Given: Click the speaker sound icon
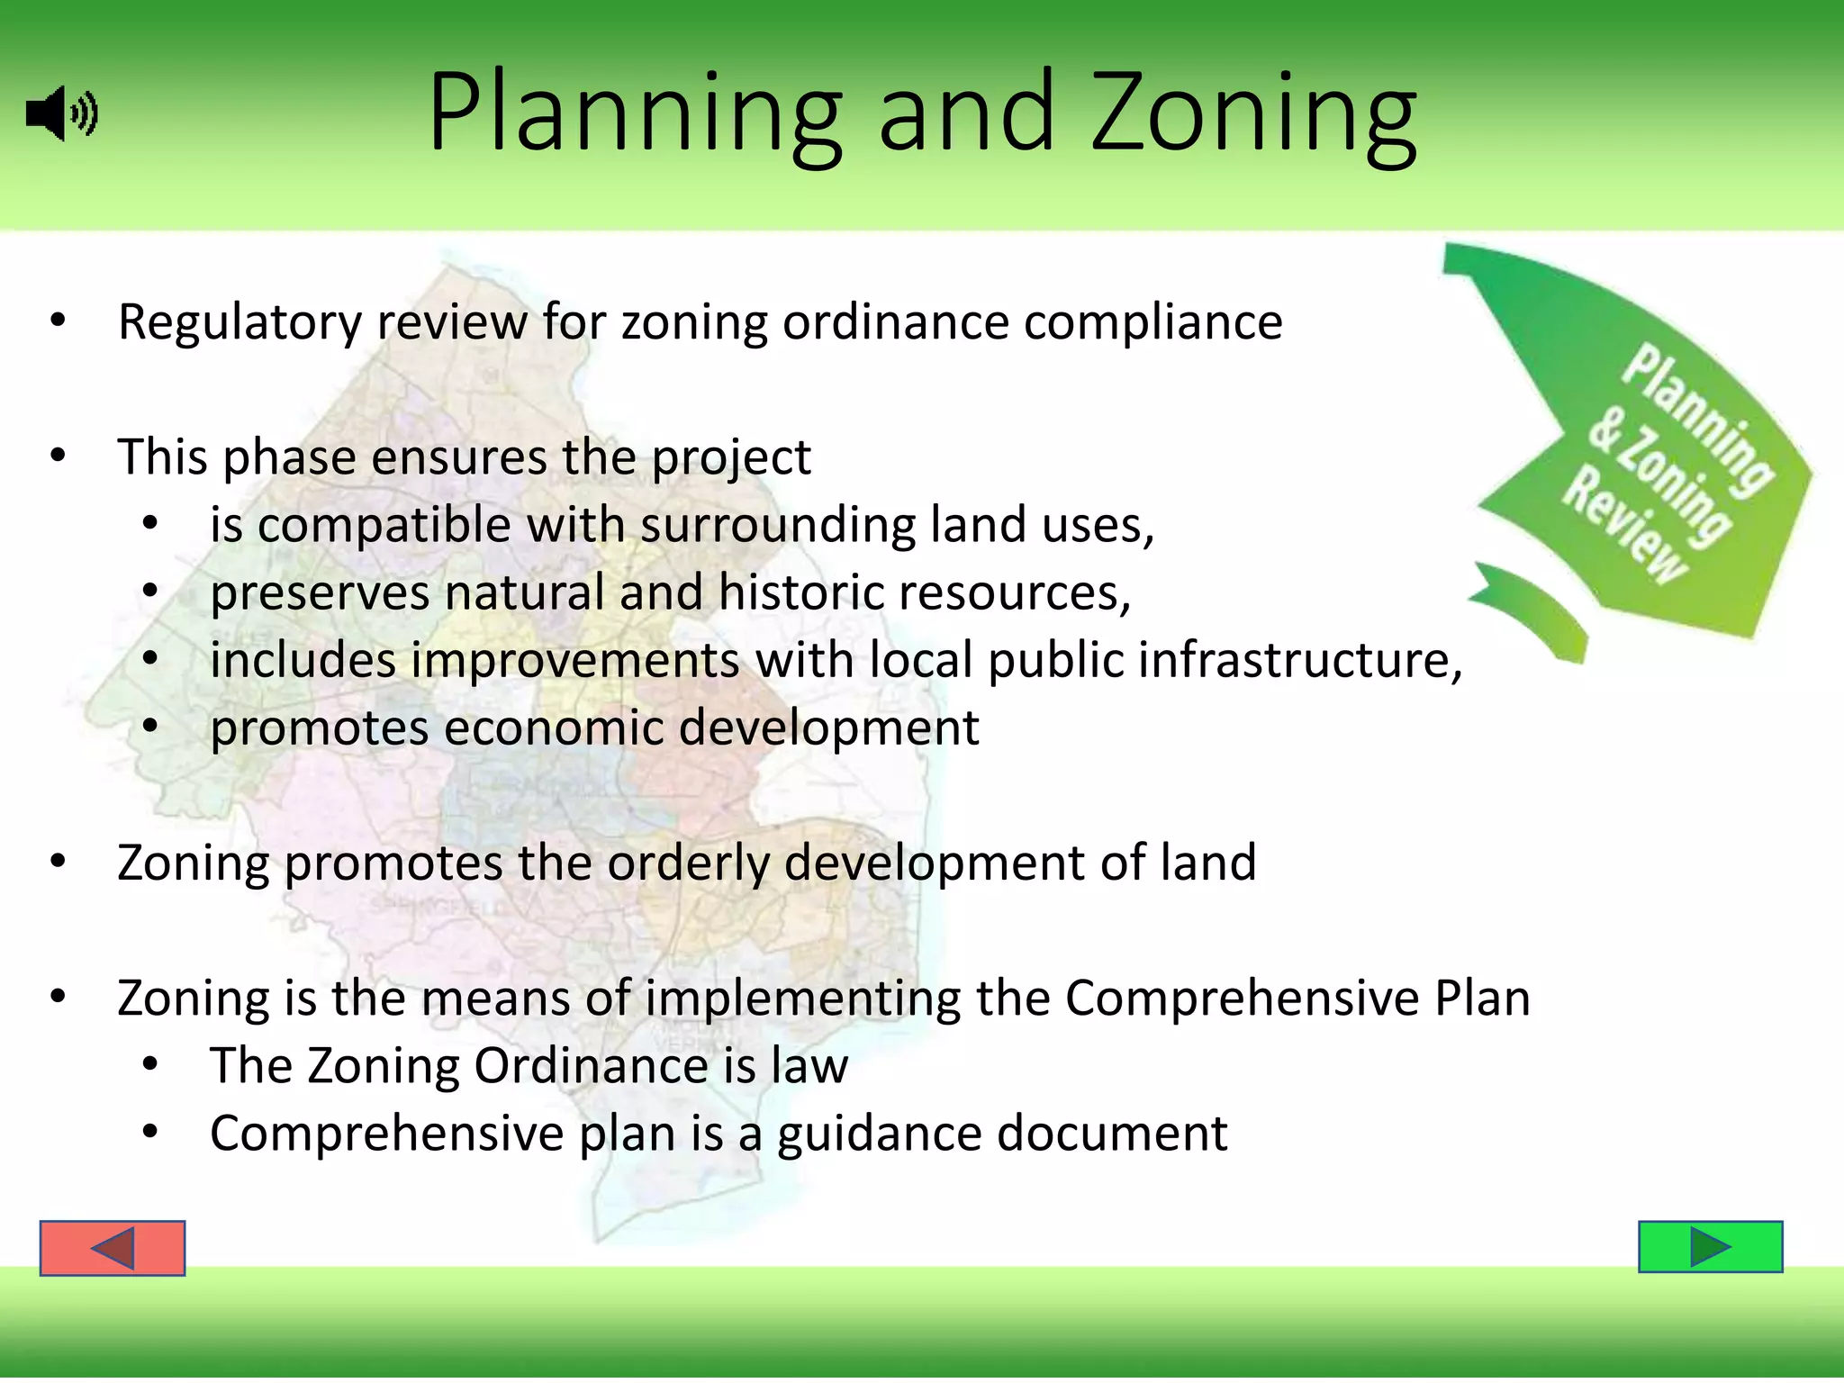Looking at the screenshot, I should tap(61, 114).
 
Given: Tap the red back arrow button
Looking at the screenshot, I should tap(113, 1248).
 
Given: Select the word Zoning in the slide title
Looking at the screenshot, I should tap(1253, 114).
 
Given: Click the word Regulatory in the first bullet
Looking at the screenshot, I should tap(240, 322).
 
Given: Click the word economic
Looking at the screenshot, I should tap(553, 728).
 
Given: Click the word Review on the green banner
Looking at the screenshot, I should tap(1626, 525).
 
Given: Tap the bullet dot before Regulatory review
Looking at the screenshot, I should tap(59, 321).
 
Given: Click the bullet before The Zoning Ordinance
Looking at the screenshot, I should tap(150, 1065).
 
